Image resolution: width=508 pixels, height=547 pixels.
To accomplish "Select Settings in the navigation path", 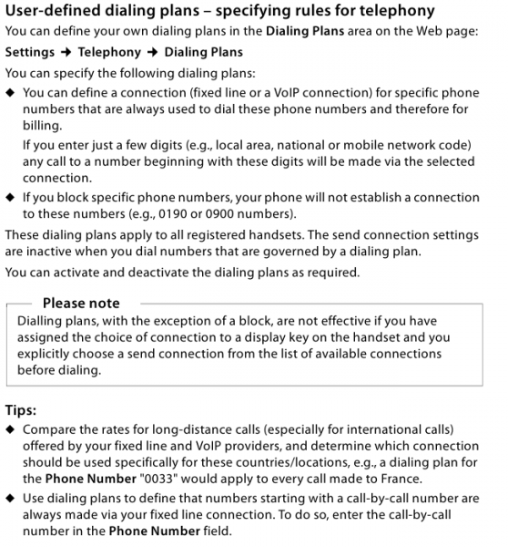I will click(x=30, y=52).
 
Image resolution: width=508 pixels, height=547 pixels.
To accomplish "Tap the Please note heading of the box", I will click(x=81, y=303).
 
